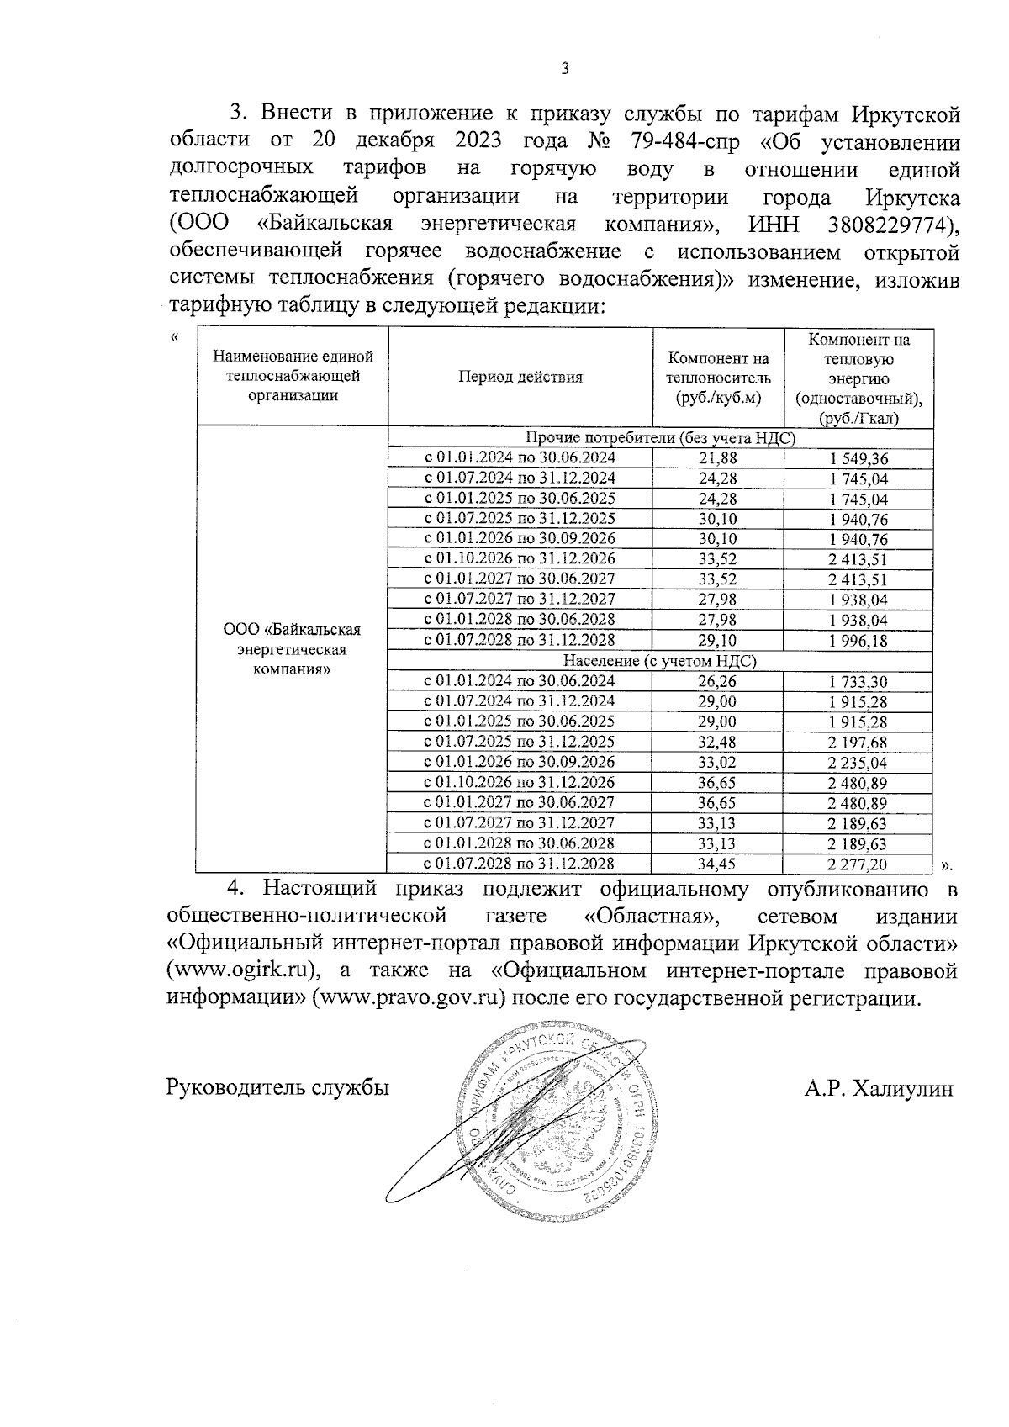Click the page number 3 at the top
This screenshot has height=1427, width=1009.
(x=565, y=69)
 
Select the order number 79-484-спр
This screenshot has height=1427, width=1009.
(x=673, y=141)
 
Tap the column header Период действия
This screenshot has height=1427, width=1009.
(x=520, y=377)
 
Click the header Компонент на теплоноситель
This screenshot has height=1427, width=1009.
(x=717, y=377)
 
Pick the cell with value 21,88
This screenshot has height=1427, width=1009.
(x=717, y=457)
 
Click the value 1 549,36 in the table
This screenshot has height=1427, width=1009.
(x=858, y=458)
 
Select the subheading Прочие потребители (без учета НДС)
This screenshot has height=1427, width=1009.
(x=660, y=437)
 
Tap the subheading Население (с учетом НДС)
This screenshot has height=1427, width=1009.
(x=660, y=661)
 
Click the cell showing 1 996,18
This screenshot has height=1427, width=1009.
(x=858, y=641)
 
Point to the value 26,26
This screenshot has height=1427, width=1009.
(x=717, y=681)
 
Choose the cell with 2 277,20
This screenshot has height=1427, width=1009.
(x=858, y=864)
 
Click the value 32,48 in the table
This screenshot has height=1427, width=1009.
(x=717, y=742)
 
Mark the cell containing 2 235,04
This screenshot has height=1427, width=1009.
(x=858, y=763)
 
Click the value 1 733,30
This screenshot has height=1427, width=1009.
(x=858, y=682)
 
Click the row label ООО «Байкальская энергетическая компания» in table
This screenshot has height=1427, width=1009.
(x=292, y=649)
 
